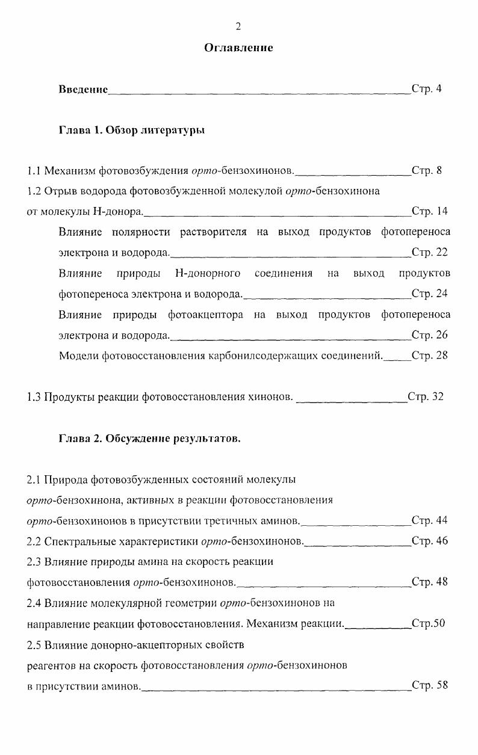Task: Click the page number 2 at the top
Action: [x=238, y=26]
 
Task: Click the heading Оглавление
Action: [x=238, y=48]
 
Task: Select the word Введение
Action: [x=83, y=89]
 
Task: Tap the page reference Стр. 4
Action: [x=426, y=89]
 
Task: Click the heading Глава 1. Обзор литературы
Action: [x=131, y=130]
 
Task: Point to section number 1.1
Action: [x=34, y=170]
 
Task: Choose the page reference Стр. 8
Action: [x=426, y=170]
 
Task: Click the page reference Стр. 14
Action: [x=429, y=211]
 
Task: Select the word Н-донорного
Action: [x=208, y=273]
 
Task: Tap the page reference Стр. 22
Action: [x=429, y=253]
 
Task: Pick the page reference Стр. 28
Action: [x=429, y=356]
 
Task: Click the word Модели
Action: [x=79, y=356]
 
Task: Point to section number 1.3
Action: [x=34, y=396]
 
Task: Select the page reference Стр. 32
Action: [x=425, y=396]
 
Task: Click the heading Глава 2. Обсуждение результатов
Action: [x=149, y=439]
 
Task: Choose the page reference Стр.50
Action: [x=427, y=623]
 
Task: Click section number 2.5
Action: [x=34, y=646]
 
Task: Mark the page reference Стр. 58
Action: [x=429, y=685]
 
